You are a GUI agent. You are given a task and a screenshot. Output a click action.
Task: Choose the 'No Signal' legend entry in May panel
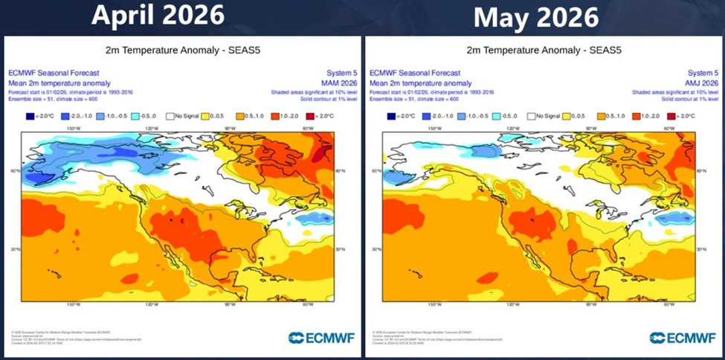[x=545, y=117]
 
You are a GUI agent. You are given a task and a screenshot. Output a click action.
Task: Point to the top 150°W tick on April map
[x=74, y=128]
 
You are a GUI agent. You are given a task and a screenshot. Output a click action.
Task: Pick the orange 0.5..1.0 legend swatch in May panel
[x=602, y=117]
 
